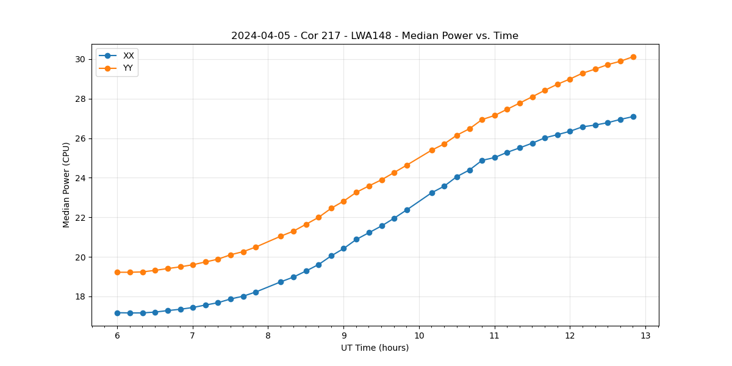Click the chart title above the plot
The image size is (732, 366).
click(x=375, y=36)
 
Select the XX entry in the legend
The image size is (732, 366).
click(x=128, y=56)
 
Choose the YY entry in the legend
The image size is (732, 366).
click(x=128, y=68)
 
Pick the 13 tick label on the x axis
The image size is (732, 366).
click(x=645, y=335)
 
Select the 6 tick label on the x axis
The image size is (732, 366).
click(x=117, y=335)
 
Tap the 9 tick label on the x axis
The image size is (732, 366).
click(x=343, y=335)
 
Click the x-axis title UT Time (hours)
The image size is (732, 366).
click(x=375, y=348)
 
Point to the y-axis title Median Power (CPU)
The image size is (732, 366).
click(x=66, y=185)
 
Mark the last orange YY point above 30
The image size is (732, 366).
click(x=633, y=57)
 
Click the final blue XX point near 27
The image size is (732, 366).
click(x=633, y=117)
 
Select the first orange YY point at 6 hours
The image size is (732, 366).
click(x=117, y=272)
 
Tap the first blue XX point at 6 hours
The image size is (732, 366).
click(x=117, y=313)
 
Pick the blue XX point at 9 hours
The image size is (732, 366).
click(x=343, y=248)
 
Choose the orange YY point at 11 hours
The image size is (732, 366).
click(x=495, y=115)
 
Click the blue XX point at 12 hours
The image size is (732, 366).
click(x=570, y=131)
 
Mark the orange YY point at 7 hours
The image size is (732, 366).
click(x=193, y=265)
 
